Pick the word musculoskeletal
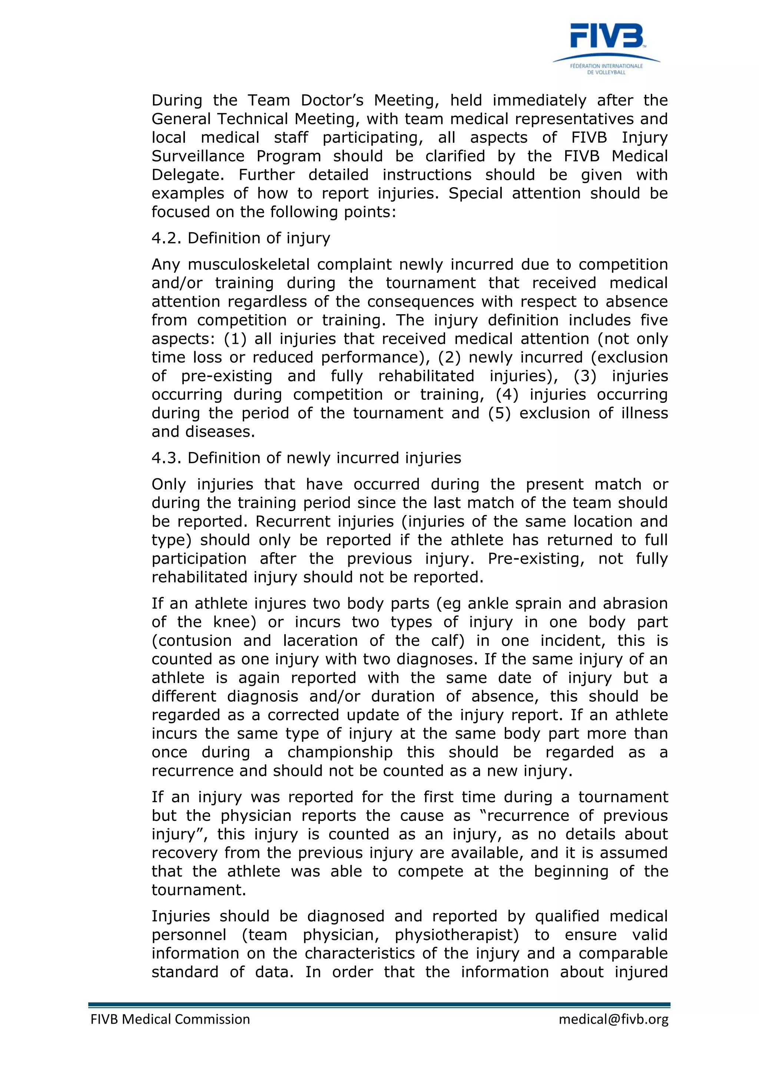coord(249,265)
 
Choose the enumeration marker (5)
coord(499,413)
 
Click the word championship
coord(340,753)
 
